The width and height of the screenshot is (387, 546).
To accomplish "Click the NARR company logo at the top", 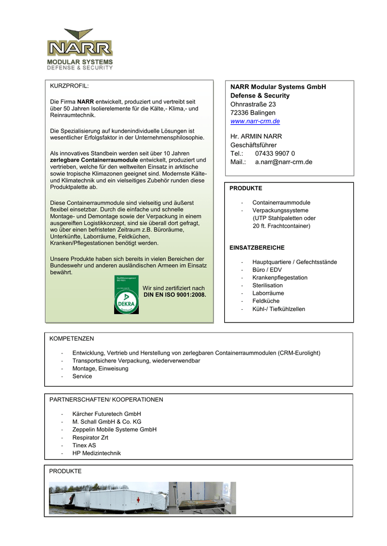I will tap(80, 49).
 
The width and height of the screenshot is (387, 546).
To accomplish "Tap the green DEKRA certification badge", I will tap(126, 294).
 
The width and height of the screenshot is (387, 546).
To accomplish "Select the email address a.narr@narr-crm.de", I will tap(283, 162).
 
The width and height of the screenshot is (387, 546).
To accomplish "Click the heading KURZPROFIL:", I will tap(69, 86).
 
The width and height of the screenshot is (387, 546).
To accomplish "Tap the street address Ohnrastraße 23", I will tap(253, 105).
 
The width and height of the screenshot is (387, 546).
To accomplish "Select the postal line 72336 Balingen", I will tap(253, 113).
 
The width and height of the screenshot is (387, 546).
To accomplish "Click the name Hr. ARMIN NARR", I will tap(256, 136).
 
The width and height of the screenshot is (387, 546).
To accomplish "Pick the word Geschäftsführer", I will tap(254, 145).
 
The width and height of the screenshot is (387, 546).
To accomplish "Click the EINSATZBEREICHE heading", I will tap(257, 248).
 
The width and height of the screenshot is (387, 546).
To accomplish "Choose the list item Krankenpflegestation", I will tap(280, 278).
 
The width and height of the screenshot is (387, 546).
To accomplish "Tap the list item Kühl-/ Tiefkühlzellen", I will tap(279, 309).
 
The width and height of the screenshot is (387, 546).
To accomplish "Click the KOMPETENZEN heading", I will tap(72, 339).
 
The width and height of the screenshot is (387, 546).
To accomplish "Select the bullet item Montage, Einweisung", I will tap(100, 368).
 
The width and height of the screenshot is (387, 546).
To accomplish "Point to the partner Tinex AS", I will tap(84, 445).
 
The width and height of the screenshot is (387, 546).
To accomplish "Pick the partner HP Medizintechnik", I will tap(97, 453).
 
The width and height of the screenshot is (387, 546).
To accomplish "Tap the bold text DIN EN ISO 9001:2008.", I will tap(175, 294).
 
